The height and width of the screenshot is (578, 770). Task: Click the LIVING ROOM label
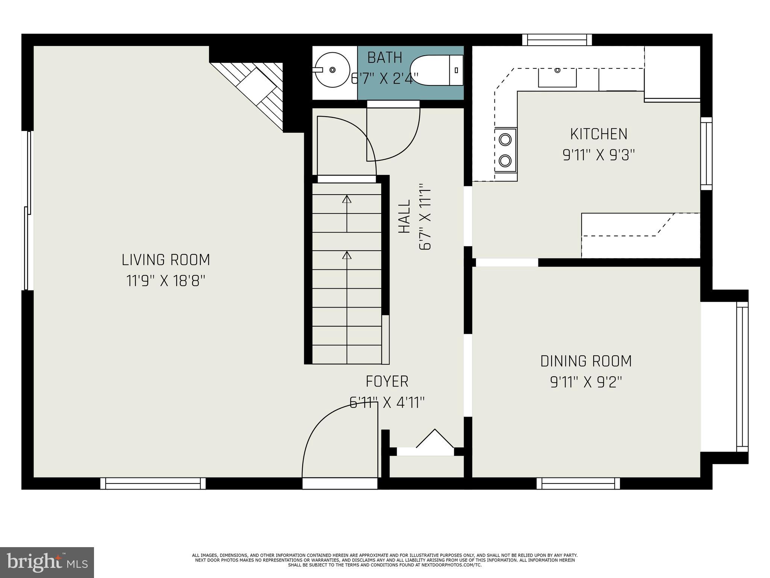(165, 260)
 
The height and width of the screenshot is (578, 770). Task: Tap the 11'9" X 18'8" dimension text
(165, 281)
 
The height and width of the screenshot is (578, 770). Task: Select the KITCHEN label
(599, 134)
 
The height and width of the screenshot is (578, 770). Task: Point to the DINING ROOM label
(586, 361)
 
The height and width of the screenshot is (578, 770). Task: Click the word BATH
(385, 58)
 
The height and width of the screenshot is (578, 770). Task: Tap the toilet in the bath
(436, 70)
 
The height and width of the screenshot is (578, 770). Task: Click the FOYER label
(387, 382)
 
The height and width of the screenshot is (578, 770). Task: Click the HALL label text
(404, 216)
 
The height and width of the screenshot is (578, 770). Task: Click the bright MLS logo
(47, 562)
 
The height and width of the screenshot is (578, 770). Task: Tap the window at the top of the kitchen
(557, 40)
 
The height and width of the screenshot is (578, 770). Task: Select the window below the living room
(153, 483)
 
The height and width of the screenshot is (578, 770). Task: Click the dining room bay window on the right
(742, 376)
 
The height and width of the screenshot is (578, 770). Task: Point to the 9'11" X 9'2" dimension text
(586, 383)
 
